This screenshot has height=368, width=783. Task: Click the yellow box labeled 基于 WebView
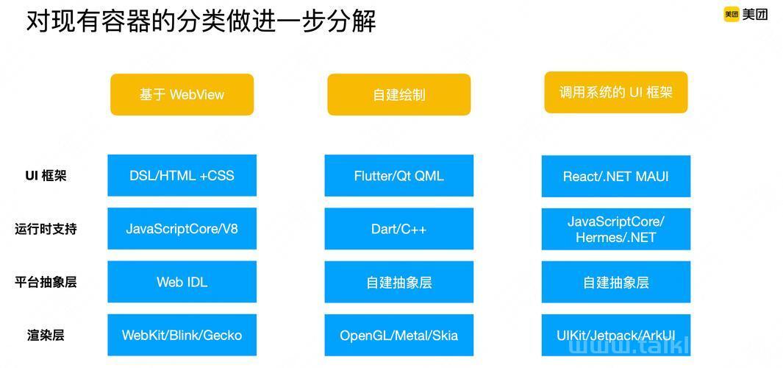182,94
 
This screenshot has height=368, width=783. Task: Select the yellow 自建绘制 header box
399,94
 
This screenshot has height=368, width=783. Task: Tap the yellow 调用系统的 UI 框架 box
615,93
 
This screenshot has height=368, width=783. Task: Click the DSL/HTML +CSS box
182,175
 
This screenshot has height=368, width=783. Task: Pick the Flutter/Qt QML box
399,175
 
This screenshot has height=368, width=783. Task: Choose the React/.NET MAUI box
615,176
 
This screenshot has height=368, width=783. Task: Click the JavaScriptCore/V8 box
182,228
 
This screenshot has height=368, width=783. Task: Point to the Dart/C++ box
399,228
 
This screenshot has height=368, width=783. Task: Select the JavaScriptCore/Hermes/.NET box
615,229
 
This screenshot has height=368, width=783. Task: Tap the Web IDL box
182,281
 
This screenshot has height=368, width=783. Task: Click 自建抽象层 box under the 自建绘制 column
399,281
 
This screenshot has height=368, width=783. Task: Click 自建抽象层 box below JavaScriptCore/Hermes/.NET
615,282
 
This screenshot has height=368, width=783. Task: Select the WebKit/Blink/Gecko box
182,334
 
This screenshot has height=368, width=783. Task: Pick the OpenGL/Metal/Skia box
399,334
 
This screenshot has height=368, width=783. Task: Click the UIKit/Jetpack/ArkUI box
615,335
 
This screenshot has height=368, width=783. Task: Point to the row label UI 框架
46,176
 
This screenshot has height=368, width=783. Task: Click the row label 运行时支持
46,229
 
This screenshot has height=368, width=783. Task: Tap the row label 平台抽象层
46,282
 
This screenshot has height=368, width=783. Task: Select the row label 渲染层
46,335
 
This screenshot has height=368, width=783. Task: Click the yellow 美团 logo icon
731,15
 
